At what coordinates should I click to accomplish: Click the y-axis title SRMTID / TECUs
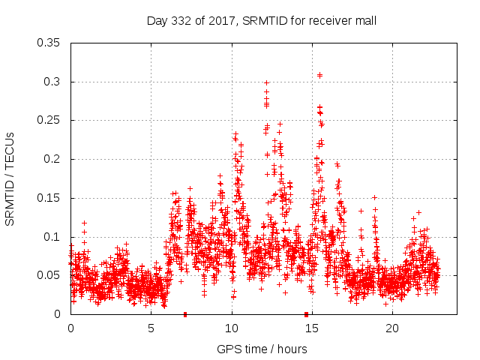pyautogui.click(x=10, y=178)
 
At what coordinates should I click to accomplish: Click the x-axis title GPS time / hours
pyautogui.click(x=261, y=349)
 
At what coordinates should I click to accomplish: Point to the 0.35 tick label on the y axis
pyautogui.click(x=51, y=43)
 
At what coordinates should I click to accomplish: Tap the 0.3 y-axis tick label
pyautogui.click(x=54, y=82)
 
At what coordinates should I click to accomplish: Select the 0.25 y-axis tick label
pyautogui.click(x=51, y=120)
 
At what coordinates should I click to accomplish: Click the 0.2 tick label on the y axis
pyautogui.click(x=54, y=159)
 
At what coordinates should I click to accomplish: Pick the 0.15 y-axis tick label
pyautogui.click(x=51, y=198)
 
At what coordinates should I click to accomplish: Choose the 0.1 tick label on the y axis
pyautogui.click(x=54, y=237)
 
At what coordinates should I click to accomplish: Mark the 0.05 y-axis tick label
pyautogui.click(x=51, y=275)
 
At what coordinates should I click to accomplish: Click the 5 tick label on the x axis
pyautogui.click(x=151, y=328)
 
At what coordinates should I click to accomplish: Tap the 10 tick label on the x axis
pyautogui.click(x=232, y=328)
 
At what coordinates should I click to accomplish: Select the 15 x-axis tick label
pyautogui.click(x=312, y=328)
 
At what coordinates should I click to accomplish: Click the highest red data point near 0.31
pyautogui.click(x=319, y=75)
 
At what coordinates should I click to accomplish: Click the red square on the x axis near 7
pyautogui.click(x=185, y=314)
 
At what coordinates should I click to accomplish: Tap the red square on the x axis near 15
pyautogui.click(x=306, y=314)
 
